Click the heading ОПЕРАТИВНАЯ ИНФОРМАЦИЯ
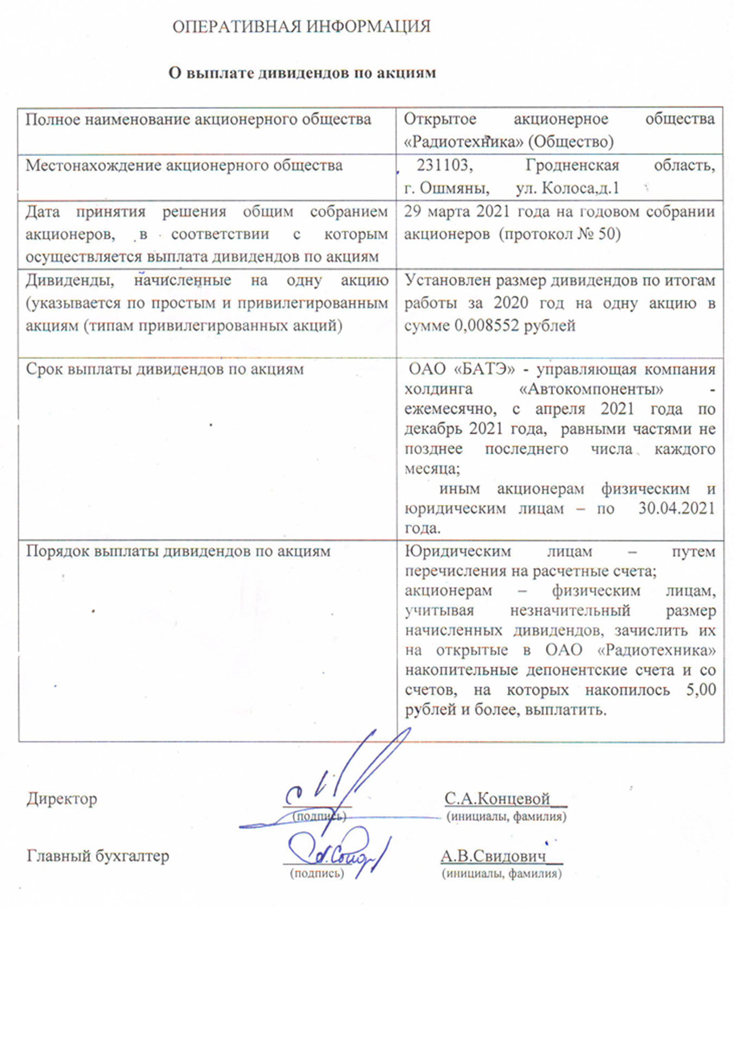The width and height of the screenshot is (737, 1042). coord(301,27)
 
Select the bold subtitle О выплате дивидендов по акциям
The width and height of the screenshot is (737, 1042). coord(302,73)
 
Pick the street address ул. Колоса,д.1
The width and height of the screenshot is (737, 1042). coord(568,188)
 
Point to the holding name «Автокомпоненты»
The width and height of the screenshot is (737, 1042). coord(591,389)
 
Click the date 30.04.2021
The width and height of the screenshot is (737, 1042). coord(676,509)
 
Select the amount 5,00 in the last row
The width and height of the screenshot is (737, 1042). coord(701,690)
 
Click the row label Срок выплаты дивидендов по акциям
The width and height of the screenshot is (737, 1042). coord(165,369)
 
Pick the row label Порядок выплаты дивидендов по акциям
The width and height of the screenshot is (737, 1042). coord(178,551)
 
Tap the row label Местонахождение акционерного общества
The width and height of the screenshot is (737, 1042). coord(184,165)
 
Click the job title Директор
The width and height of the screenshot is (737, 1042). coord(62,799)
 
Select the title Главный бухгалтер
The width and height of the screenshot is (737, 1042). coord(98,856)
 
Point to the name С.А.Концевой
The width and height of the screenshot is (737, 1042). coord(497,799)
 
